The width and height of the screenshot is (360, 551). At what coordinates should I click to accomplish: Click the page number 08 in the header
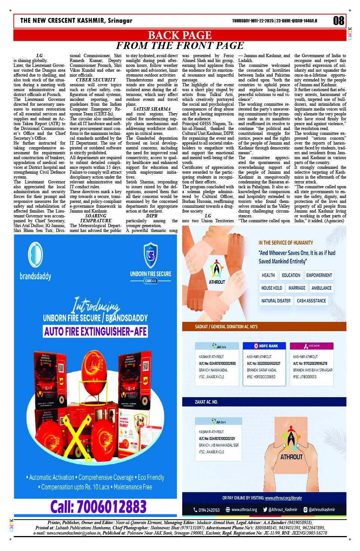click(x=338, y=21)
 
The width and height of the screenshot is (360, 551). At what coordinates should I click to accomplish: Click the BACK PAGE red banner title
click(x=180, y=35)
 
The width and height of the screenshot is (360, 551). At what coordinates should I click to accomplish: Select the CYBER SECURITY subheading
click(x=96, y=80)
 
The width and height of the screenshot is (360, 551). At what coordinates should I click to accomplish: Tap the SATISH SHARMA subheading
click(x=152, y=109)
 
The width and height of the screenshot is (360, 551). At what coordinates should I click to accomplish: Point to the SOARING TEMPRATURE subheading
click(x=96, y=218)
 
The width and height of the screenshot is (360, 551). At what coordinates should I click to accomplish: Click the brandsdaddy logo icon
click(x=35, y=254)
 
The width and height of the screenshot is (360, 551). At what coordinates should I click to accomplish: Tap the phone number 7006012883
click(x=98, y=507)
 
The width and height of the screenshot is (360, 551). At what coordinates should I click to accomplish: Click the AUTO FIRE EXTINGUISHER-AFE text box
click(x=96, y=331)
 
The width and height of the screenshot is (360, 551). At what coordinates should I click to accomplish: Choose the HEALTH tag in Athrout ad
click(x=268, y=275)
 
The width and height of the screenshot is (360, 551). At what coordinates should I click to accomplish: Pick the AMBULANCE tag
click(x=321, y=288)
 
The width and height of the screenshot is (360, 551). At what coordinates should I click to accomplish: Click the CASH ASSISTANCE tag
click(x=311, y=301)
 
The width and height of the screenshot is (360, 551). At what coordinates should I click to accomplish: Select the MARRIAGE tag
click(x=297, y=288)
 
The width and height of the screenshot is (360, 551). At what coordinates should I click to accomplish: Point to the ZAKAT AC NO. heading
click(x=206, y=402)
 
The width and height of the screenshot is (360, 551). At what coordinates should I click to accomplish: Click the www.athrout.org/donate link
click(x=283, y=498)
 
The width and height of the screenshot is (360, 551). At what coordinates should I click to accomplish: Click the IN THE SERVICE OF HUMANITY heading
click(x=286, y=243)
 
